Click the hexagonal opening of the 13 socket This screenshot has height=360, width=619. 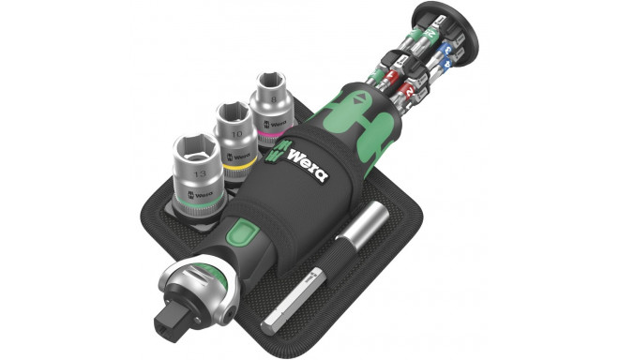(195, 149)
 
